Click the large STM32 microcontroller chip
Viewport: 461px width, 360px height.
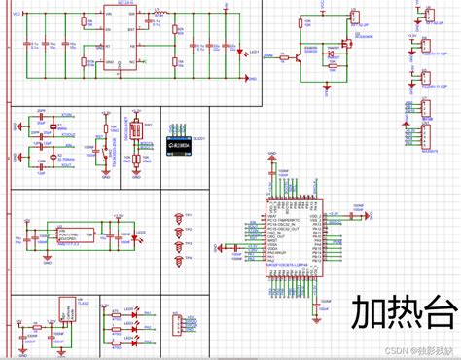click(x=294, y=238)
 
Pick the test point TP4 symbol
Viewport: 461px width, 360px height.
click(x=179, y=262)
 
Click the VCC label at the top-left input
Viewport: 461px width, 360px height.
click(x=14, y=14)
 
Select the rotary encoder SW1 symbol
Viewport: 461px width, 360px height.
click(x=135, y=132)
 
